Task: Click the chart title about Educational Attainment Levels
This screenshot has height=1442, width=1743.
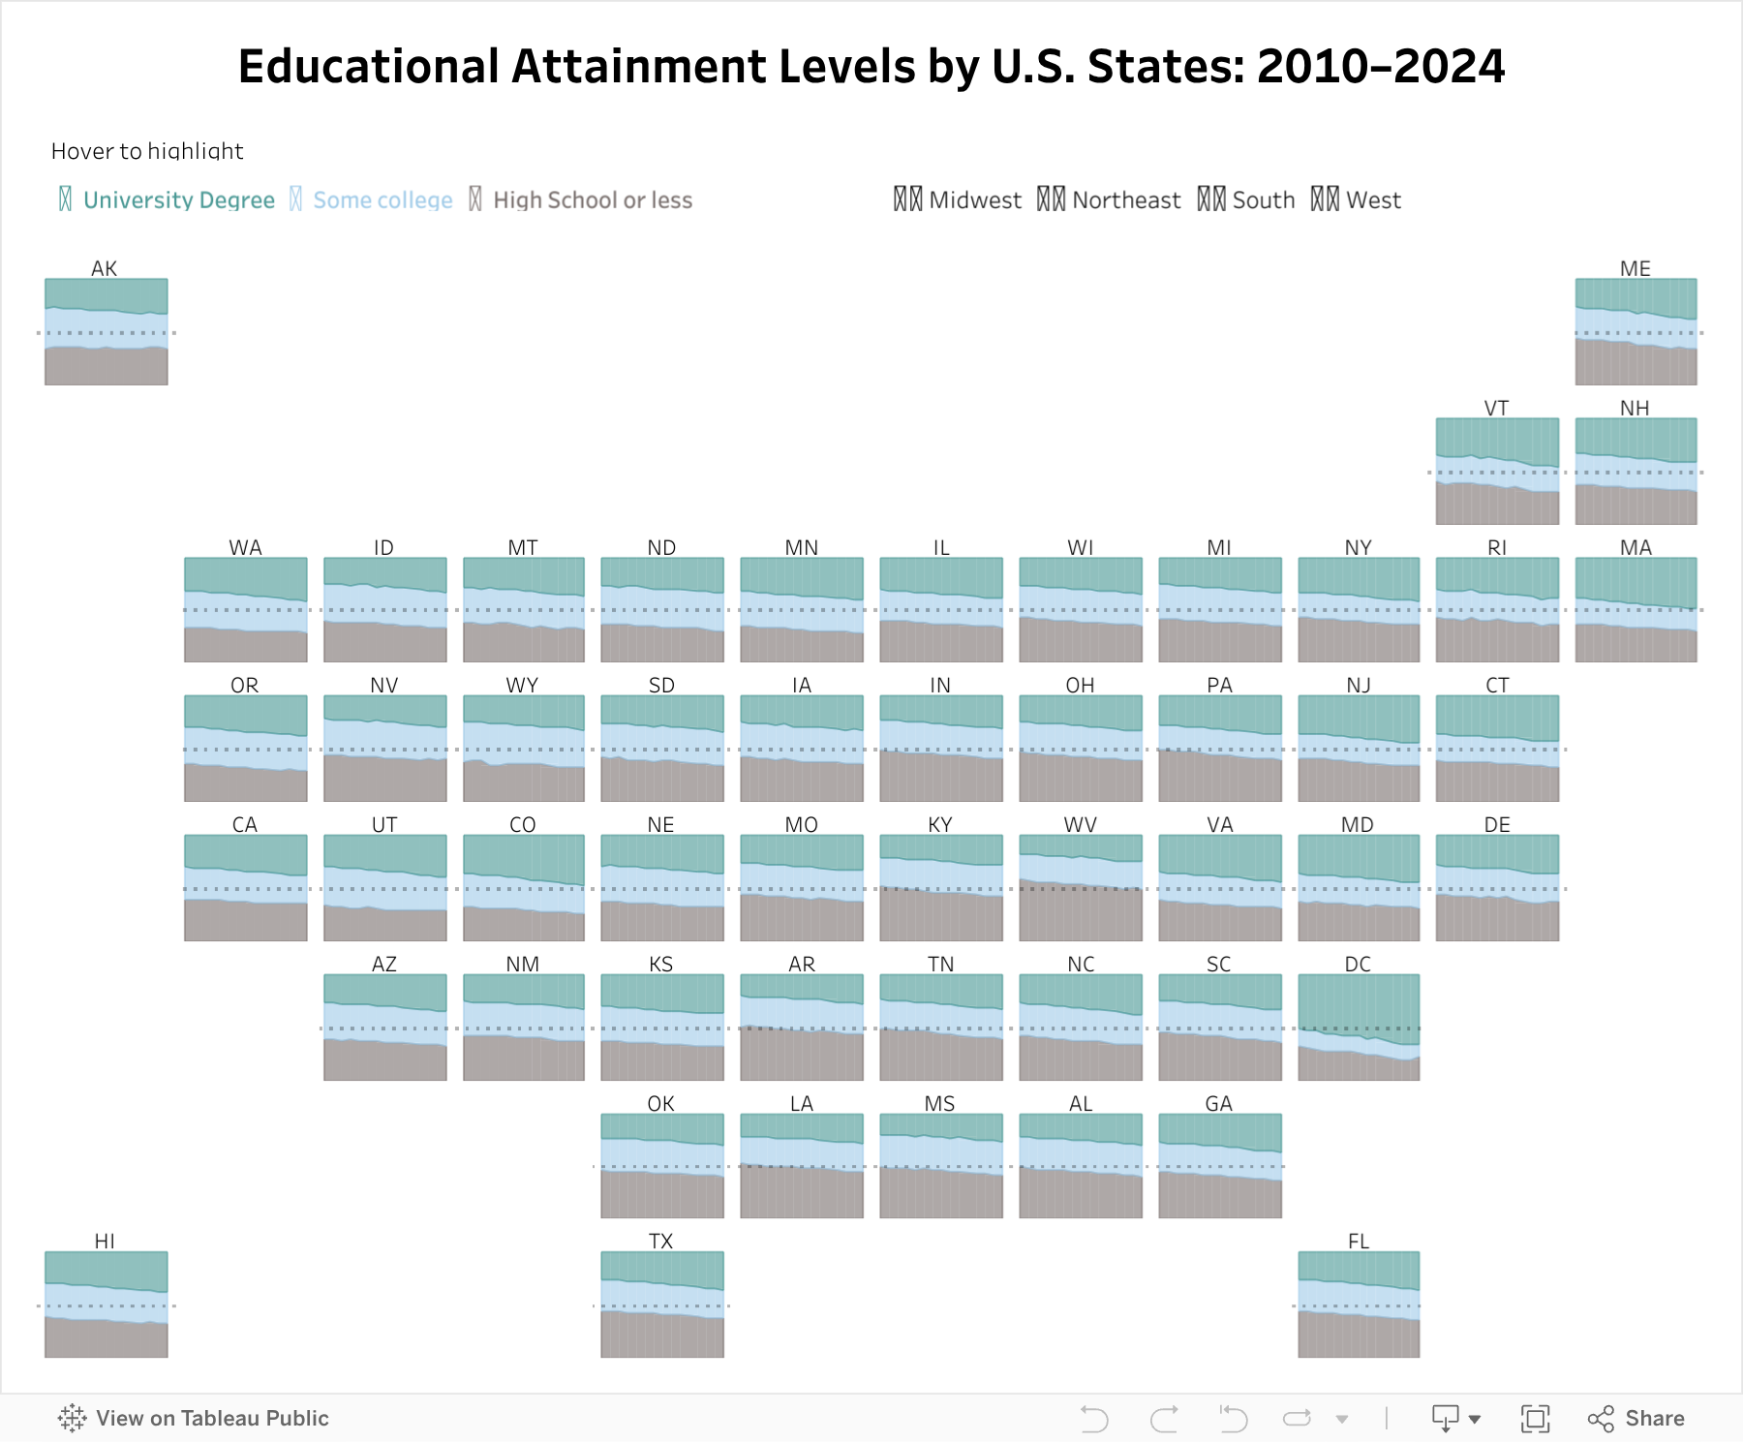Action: [871, 67]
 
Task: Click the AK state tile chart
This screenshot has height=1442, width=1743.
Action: [107, 332]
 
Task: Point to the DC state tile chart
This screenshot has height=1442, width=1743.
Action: [1359, 1028]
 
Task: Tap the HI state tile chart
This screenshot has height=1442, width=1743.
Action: [107, 1304]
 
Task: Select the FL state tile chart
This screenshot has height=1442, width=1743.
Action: [1359, 1304]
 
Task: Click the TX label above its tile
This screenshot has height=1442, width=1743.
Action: [661, 1242]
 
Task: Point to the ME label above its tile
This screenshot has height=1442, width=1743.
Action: [1636, 268]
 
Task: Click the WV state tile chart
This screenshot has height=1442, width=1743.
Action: [1081, 888]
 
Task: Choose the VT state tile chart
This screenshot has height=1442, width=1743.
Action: [1497, 472]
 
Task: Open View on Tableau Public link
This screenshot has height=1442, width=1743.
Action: [194, 1419]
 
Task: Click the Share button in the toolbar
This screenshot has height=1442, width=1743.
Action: [1636, 1419]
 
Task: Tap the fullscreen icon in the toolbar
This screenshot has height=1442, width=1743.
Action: [1535, 1419]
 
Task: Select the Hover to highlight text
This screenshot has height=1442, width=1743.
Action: [147, 151]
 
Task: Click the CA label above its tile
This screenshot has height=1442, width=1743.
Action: [245, 824]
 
